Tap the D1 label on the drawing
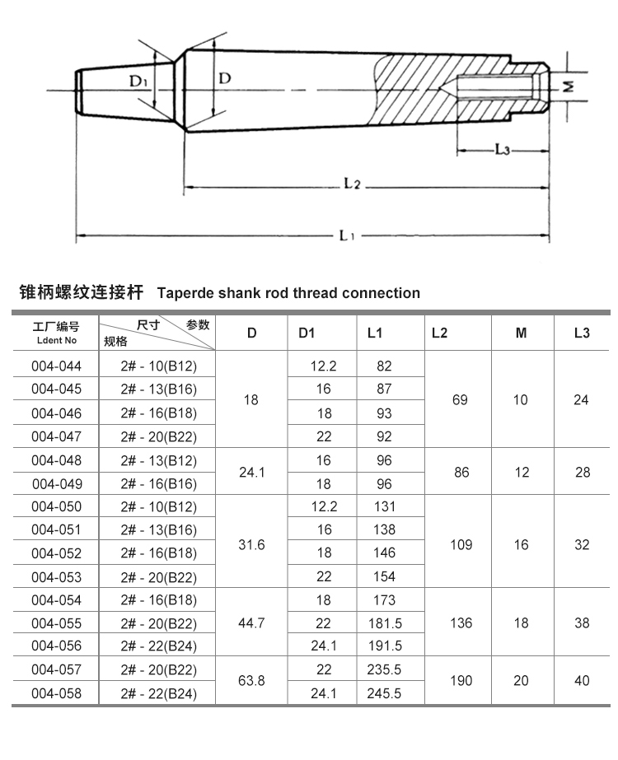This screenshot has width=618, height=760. click(x=138, y=81)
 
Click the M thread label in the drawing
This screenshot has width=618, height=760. click(x=568, y=86)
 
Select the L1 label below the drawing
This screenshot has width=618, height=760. click(x=347, y=235)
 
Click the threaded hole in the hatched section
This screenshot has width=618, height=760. click(x=494, y=85)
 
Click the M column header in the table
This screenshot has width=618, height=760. click(x=521, y=333)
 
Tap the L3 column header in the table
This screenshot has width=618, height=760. click(x=582, y=333)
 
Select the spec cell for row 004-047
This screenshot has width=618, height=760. click(x=158, y=436)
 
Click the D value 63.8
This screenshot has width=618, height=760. click(x=251, y=681)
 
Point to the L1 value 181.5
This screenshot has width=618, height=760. click(x=383, y=623)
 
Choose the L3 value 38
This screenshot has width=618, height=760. click(x=582, y=623)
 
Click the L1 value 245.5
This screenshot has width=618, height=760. click(x=383, y=693)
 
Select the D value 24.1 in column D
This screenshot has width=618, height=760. click(x=251, y=472)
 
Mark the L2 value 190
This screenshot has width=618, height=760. click(x=461, y=681)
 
